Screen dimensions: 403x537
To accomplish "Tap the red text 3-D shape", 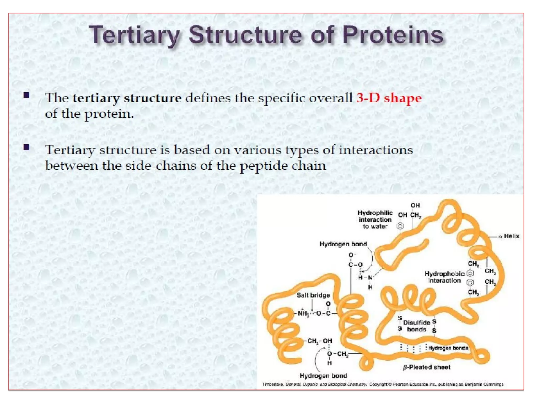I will pos(389,98).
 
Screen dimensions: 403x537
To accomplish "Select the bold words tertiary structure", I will pos(127,98).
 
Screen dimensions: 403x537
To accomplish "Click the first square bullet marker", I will pos(26,95).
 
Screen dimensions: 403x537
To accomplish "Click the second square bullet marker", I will pos(26,147).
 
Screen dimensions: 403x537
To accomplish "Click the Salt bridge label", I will pos(313,295).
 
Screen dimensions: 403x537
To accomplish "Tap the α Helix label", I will pos(509,236).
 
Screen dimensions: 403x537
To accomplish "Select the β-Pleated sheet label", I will pos(427,367).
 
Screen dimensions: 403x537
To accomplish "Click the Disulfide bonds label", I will pos(416,326).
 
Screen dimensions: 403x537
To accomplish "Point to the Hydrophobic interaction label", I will pos(444,277).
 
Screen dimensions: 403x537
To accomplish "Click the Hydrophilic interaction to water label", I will pos(375,219).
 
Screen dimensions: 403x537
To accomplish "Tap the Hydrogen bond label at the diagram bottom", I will pos(323,376).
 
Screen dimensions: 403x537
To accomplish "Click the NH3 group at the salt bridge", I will pos(303,313).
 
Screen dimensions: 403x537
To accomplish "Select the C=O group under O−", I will pos(355,265).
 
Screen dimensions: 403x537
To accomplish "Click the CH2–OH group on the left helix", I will pos(319,341).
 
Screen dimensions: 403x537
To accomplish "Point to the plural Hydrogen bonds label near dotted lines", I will pos(448,348).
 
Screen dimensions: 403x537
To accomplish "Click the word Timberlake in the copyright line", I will pos(273,384).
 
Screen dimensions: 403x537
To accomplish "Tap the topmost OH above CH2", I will pos(415,205).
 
